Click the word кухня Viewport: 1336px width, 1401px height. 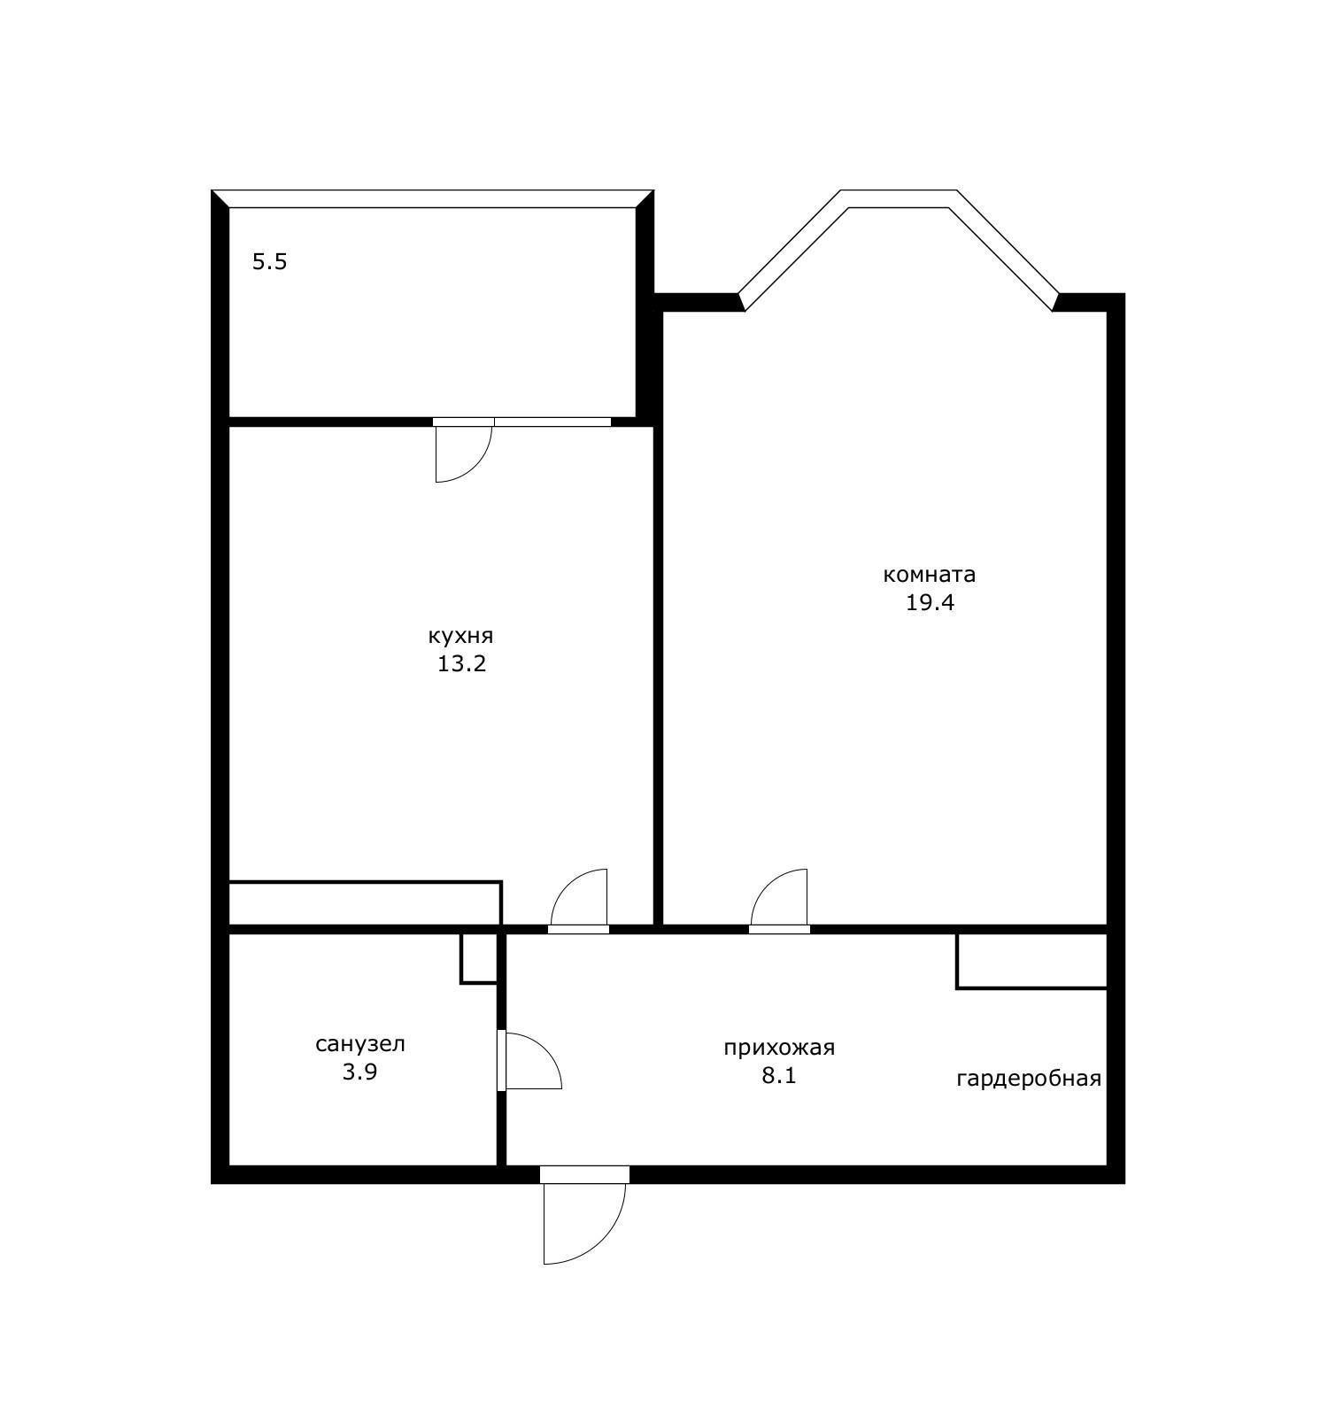pyautogui.click(x=460, y=637)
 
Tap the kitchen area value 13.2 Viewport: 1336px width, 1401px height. pyautogui.click(x=461, y=663)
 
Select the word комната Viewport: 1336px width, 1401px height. pyautogui.click(x=930, y=575)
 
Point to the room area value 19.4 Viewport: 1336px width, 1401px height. pyautogui.click(x=930, y=603)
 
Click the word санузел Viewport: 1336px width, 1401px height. pyautogui.click(x=360, y=1044)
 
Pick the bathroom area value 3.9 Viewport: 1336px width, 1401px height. pyautogui.click(x=360, y=1072)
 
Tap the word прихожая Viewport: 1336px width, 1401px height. pyautogui.click(x=779, y=1049)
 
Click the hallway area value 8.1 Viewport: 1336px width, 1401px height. pyautogui.click(x=779, y=1076)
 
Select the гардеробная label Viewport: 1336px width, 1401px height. pyautogui.click(x=1029, y=1079)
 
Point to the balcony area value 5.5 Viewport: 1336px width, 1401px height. pyautogui.click(x=270, y=262)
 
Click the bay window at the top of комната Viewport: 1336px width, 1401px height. pyautogui.click(x=899, y=199)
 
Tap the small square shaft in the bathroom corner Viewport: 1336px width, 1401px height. pyautogui.click(x=480, y=958)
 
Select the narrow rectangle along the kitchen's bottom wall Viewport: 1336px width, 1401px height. pyautogui.click(x=365, y=903)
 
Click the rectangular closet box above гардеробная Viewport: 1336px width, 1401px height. pyautogui.click(x=1032, y=961)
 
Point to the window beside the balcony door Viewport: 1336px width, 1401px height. pyautogui.click(x=552, y=422)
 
